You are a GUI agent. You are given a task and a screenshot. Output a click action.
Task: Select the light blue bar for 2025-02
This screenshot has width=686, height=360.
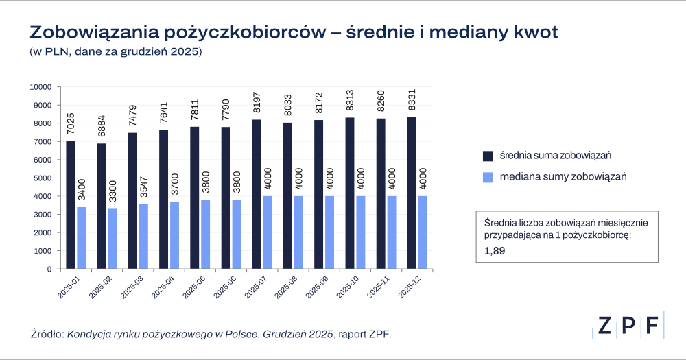pyautogui.click(x=112, y=239)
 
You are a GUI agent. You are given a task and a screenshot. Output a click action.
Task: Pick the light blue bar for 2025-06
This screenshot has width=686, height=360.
pyautogui.click(x=236, y=234)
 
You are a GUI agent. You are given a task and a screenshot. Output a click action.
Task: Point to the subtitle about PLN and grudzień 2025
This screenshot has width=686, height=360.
pyautogui.click(x=115, y=53)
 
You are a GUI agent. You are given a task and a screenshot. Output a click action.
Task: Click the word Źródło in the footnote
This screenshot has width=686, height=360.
pyautogui.click(x=46, y=333)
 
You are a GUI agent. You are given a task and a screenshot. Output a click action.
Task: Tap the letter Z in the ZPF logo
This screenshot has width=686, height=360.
pyautogui.click(x=604, y=326)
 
